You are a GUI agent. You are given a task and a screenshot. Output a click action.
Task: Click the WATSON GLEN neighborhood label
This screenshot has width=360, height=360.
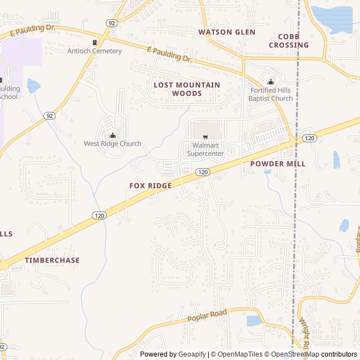227,32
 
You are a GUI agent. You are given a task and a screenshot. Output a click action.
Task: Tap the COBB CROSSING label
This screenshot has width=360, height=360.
289,40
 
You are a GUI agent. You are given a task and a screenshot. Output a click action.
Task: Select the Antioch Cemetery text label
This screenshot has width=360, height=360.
94,51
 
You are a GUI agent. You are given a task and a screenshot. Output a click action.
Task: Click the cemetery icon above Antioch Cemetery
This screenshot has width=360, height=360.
94,42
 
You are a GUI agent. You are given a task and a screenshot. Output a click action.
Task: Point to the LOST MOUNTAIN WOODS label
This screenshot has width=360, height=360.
187,89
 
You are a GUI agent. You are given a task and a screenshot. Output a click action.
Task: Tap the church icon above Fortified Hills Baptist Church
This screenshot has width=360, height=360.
271,82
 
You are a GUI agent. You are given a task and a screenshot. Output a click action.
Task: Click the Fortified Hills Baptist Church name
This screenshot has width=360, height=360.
271,94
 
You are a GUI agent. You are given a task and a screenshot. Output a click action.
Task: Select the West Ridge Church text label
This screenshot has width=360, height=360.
112,143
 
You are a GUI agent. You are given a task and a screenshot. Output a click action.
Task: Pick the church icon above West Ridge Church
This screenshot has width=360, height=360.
112,134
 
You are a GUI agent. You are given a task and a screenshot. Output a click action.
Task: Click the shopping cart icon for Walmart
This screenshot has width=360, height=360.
205,136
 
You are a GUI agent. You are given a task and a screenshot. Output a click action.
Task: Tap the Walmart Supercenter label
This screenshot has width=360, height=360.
205,149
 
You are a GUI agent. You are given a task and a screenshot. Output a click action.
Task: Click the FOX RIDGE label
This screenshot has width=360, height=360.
151,186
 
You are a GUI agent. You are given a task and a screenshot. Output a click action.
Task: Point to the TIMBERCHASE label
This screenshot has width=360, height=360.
52,260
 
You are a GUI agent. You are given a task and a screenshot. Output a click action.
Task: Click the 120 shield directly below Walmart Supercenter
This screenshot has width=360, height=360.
202,172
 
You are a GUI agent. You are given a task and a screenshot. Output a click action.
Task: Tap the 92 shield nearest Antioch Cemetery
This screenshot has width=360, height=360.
112,23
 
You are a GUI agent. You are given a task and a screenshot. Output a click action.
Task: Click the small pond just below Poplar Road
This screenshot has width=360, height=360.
254,321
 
